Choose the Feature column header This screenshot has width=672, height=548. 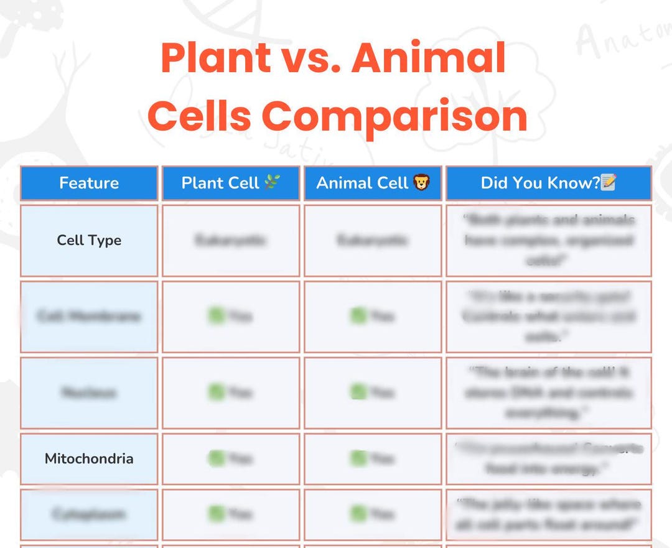click(x=89, y=183)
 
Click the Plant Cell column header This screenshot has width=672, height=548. click(x=220, y=183)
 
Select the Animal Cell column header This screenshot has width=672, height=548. click(x=362, y=183)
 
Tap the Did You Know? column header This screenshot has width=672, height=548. click(x=540, y=183)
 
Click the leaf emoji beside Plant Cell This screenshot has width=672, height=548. click(x=273, y=182)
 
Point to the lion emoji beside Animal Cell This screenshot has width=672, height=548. click(x=422, y=183)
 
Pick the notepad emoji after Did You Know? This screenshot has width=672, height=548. click(x=609, y=182)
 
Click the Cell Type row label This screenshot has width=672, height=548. click(x=89, y=240)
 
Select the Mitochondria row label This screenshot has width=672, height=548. click(x=89, y=459)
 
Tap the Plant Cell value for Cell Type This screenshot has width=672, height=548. click(x=231, y=240)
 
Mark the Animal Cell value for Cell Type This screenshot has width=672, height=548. click(x=373, y=240)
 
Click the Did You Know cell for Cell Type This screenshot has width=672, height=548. click(x=549, y=240)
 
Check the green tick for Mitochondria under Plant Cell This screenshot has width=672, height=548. click(x=217, y=459)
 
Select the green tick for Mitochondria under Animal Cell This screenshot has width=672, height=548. click(x=358, y=459)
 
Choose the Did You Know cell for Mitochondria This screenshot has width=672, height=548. click(x=549, y=458)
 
